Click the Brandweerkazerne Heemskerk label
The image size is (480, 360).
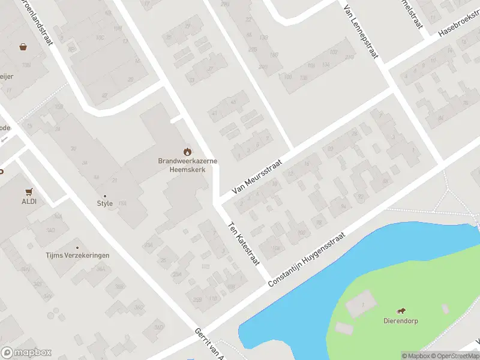tap(188, 165)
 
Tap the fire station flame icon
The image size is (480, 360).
tap(188, 151)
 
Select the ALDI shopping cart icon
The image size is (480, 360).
tap(29, 192)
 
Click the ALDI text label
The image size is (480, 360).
tap(29, 202)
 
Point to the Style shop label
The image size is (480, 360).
tap(105, 203)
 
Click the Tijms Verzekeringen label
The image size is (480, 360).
tap(78, 256)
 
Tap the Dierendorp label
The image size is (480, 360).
tap(401, 321)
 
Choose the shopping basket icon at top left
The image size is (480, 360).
tap(23, 46)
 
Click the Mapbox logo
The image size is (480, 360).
tap(26, 353)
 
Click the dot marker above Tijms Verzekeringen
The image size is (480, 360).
tap(77, 247)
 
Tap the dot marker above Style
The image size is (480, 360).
tap(105, 196)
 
